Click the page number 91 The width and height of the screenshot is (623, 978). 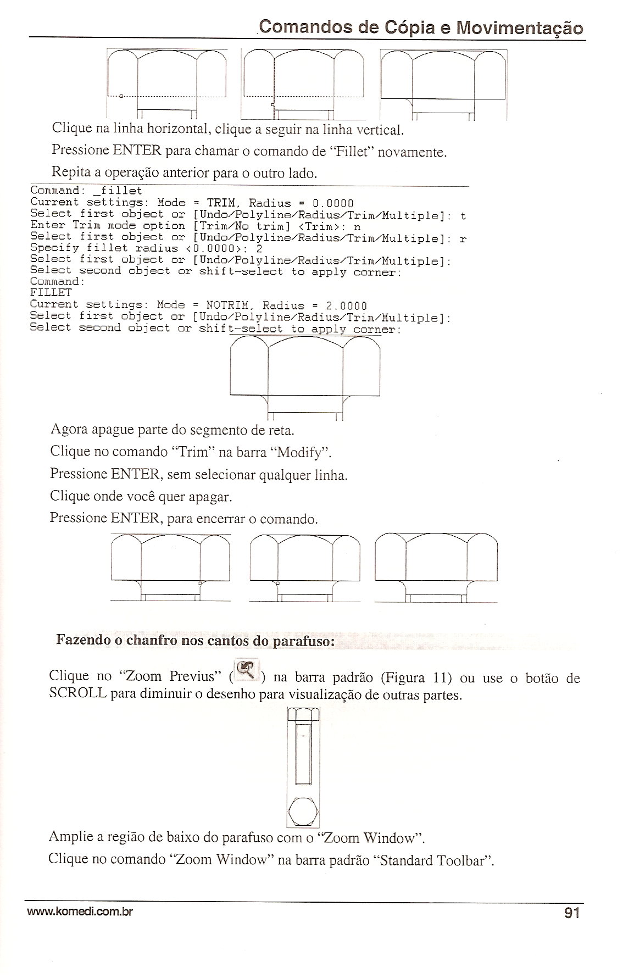[571, 913]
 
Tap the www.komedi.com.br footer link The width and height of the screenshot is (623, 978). [81, 913]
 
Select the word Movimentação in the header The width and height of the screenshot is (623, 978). [520, 27]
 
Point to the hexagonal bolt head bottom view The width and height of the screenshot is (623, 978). [303, 812]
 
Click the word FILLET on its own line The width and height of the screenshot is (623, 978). [51, 293]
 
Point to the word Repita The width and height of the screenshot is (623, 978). [71, 172]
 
